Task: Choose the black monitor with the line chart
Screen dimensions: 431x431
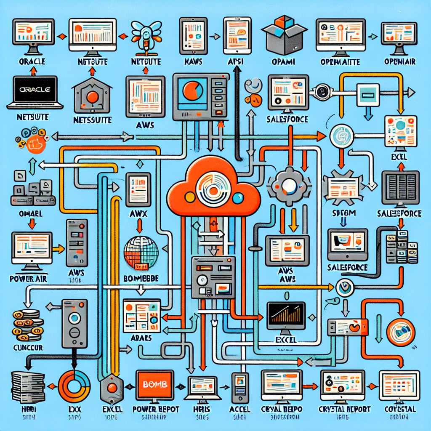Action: pos(286,315)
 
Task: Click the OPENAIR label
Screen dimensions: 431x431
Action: pos(400,62)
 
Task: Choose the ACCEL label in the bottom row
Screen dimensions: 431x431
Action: pos(239,409)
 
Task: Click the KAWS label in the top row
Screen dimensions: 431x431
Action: pos(193,62)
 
